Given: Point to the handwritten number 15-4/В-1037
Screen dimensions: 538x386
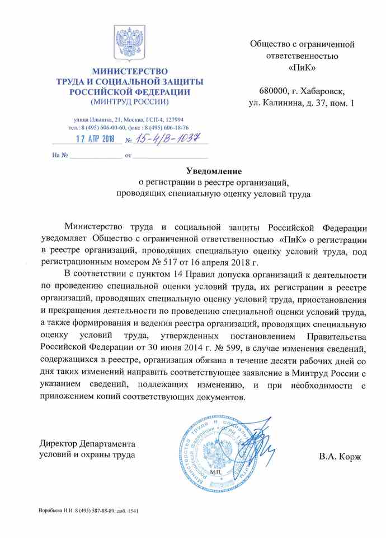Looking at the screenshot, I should coord(168,137).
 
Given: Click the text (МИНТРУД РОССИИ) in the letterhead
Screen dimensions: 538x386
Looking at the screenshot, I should coord(129,101).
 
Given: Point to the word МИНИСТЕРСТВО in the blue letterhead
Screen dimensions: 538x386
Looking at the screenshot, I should coord(130,72).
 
